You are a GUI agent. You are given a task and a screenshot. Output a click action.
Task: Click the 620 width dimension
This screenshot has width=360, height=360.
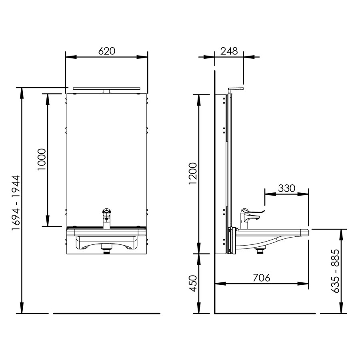(106, 51)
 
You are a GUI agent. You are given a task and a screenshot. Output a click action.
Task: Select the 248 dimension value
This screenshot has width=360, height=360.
(229, 51)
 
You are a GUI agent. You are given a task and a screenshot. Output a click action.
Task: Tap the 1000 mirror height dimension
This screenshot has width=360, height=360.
(42, 160)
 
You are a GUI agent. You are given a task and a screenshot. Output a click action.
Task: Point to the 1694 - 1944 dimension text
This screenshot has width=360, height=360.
(16, 203)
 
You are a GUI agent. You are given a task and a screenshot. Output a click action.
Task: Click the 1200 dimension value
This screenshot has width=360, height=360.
(193, 173)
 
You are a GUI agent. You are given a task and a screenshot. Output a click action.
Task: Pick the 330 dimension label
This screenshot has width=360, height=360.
(286, 188)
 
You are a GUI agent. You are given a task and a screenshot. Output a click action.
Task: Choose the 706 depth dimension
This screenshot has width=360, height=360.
(261, 278)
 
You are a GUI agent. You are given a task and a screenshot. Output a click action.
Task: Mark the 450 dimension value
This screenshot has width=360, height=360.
(193, 283)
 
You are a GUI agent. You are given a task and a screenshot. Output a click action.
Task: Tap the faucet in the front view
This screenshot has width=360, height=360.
(106, 218)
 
